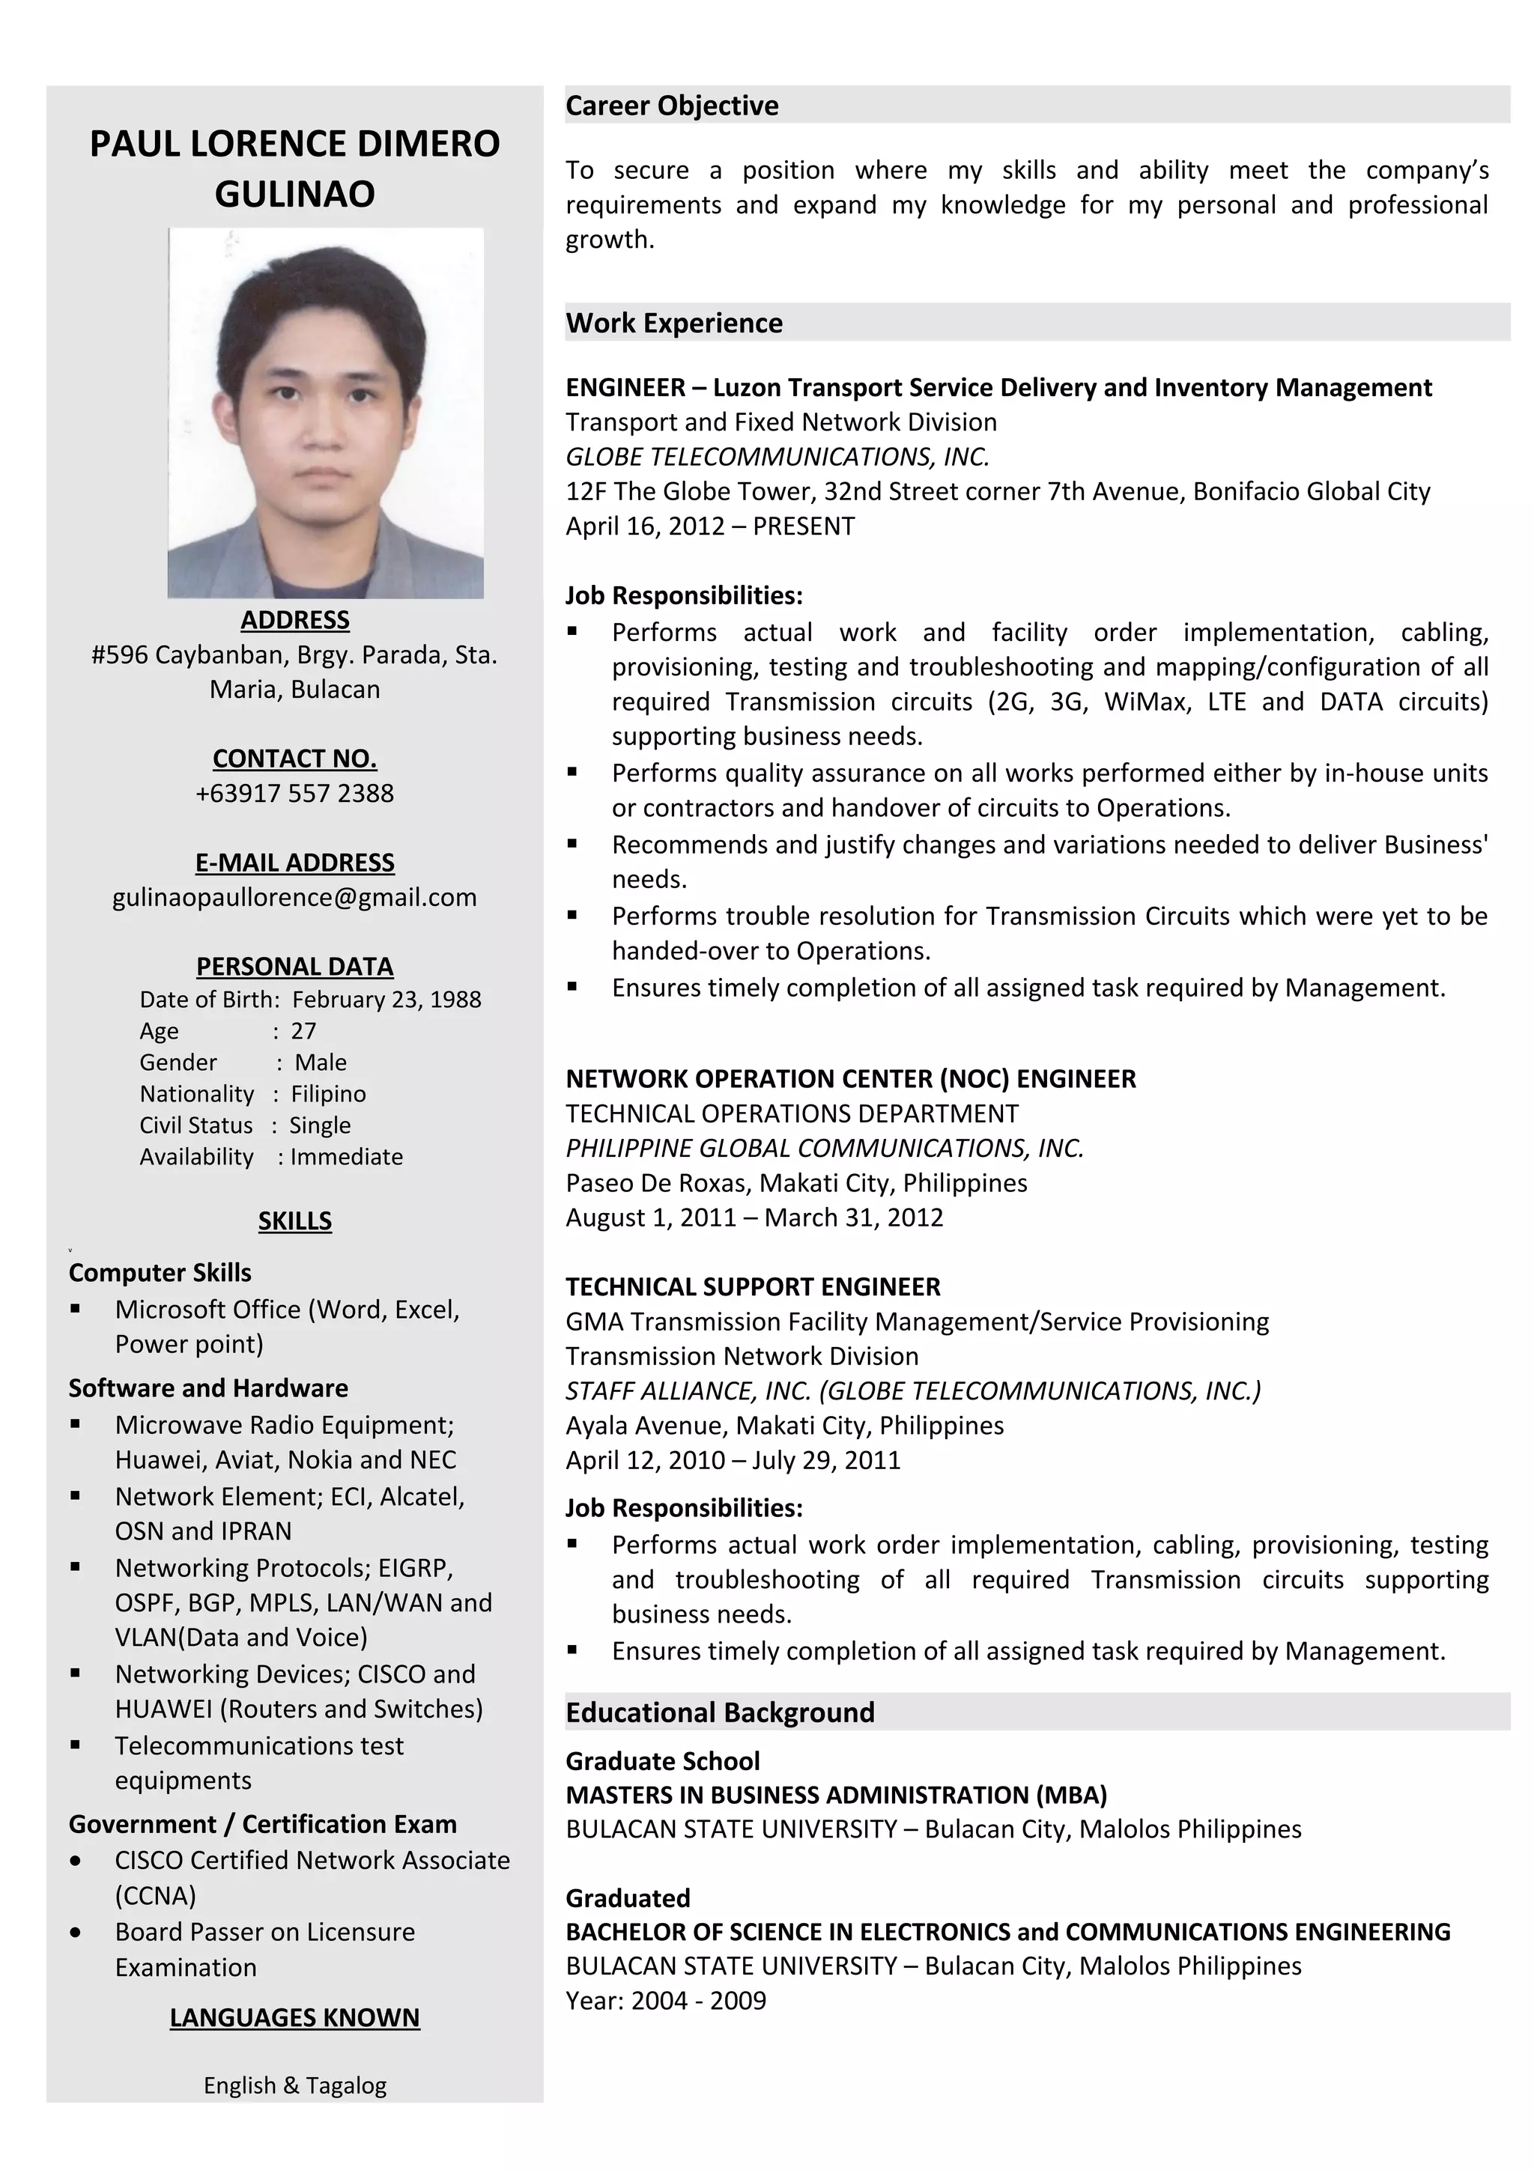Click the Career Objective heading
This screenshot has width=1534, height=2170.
point(672,105)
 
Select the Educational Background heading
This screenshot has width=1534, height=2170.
point(721,1712)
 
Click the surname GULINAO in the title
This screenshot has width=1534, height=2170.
point(295,194)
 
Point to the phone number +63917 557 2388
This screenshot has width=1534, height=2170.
point(295,793)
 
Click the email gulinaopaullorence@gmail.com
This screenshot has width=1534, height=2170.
point(295,897)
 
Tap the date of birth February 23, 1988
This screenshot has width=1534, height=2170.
point(386,999)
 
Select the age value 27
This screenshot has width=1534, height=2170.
point(303,1030)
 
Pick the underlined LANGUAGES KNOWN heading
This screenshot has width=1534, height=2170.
point(295,2017)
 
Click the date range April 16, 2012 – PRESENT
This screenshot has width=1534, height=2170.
point(710,526)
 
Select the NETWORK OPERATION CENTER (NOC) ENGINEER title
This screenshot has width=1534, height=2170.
point(851,1078)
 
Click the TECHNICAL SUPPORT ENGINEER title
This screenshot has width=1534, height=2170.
point(754,1286)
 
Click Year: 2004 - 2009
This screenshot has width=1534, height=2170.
point(665,2000)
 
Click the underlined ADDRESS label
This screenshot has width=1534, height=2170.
point(295,620)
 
